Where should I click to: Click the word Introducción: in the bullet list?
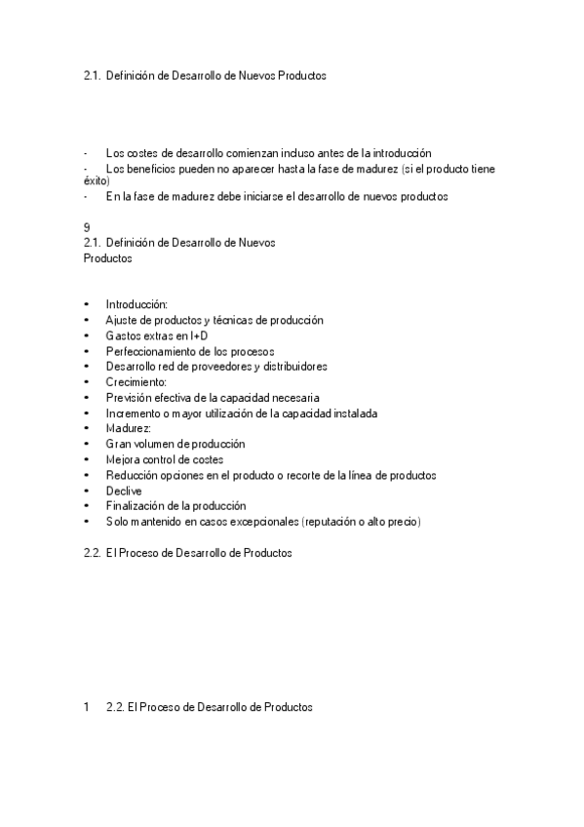tap(136, 304)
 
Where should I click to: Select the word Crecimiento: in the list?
tap(136, 382)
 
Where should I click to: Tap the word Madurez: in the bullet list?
tap(129, 428)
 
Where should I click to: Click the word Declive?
tap(124, 491)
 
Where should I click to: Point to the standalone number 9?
tap(87, 227)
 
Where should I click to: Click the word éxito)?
tap(97, 180)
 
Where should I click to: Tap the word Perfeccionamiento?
tap(150, 351)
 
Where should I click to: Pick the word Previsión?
tap(130, 398)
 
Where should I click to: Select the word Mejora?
tap(123, 459)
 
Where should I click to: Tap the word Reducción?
tap(133, 475)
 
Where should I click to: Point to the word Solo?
tap(117, 522)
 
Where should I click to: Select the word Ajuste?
tap(123, 320)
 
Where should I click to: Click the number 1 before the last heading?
tap(87, 708)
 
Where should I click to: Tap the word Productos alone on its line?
tap(108, 258)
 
